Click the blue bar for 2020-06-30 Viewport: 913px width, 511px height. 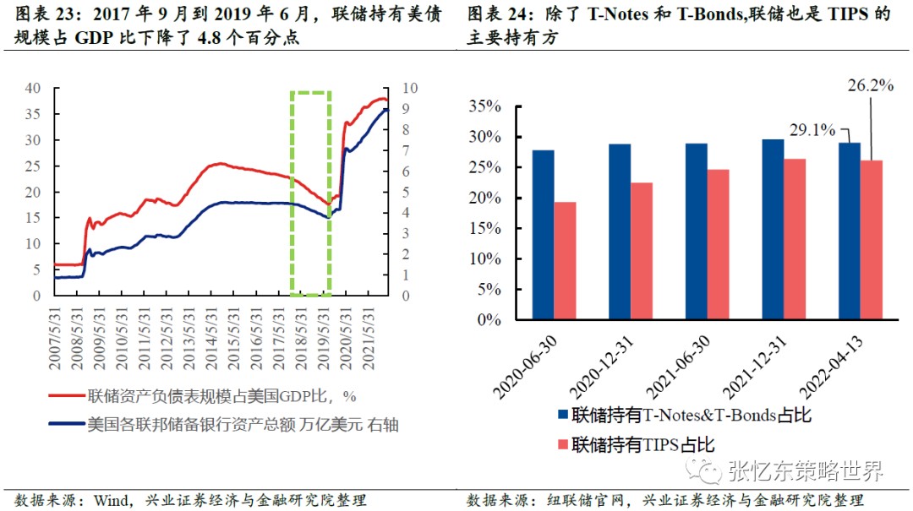(x=543, y=235)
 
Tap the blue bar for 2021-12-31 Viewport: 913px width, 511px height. (x=772, y=229)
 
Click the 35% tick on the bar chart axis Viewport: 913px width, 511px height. (x=484, y=106)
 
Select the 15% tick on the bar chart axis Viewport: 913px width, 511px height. (x=484, y=229)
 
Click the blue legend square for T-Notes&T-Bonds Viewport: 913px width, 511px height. (x=563, y=416)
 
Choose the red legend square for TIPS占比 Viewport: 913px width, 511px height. (x=563, y=443)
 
